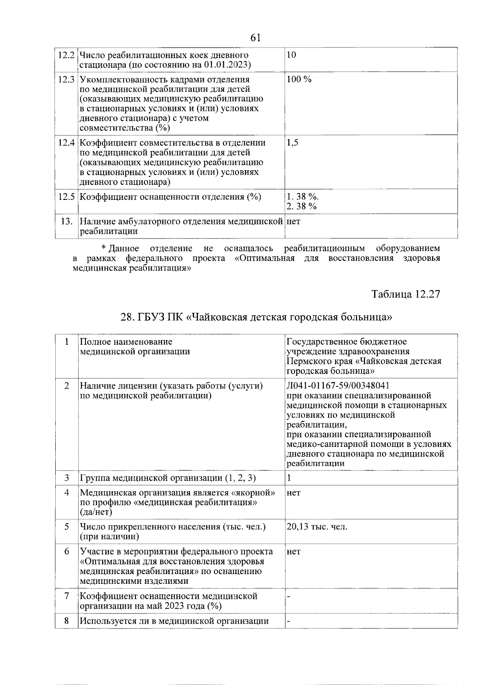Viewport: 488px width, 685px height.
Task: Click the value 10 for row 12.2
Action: (x=291, y=55)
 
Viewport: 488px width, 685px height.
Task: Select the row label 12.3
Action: (x=66, y=80)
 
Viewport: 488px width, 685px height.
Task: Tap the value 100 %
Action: (x=299, y=80)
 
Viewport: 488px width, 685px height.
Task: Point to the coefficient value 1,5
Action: (x=292, y=143)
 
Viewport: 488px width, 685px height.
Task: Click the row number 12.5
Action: (x=66, y=197)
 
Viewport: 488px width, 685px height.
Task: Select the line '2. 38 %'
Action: (x=301, y=207)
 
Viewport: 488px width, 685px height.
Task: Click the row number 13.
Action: (x=66, y=222)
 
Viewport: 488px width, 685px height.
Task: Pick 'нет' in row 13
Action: (x=294, y=222)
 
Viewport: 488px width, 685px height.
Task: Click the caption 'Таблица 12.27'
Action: (x=405, y=294)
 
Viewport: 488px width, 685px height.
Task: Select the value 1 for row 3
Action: (x=289, y=478)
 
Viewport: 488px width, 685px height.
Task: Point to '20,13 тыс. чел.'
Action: (x=317, y=527)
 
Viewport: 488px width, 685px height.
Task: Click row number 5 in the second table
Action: (x=66, y=527)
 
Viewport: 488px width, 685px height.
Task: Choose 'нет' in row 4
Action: (x=294, y=493)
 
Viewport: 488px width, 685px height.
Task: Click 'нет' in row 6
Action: (x=294, y=552)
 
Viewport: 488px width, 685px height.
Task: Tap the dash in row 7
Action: (x=288, y=596)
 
